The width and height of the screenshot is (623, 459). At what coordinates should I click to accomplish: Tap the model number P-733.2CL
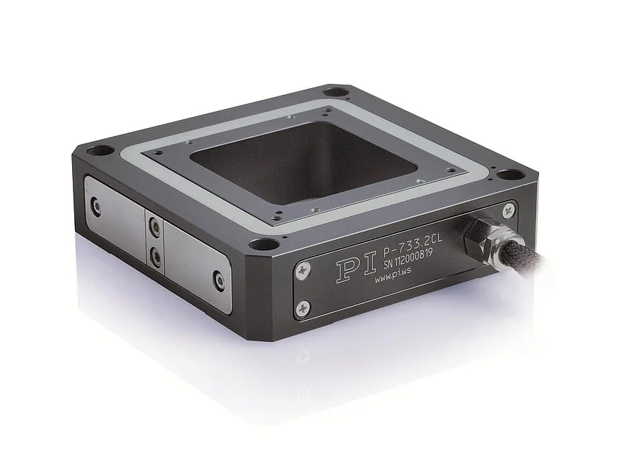pos(413,245)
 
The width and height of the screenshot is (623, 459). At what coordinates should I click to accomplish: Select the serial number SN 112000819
pos(407,259)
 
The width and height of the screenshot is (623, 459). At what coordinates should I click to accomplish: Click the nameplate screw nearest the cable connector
pos(509,210)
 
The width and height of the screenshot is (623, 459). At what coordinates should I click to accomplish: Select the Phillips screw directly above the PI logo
pos(303,270)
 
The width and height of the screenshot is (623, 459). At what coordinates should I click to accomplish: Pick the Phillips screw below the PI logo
pos(303,307)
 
